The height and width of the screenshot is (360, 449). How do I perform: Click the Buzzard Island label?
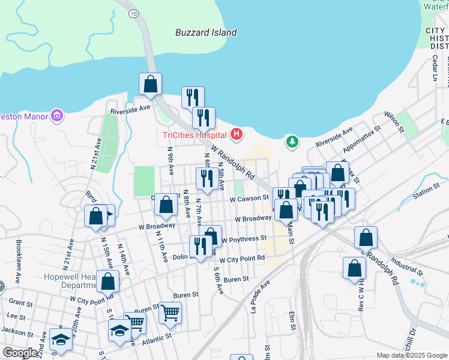click(x=206, y=32)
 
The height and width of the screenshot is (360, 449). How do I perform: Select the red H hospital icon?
click(x=237, y=134)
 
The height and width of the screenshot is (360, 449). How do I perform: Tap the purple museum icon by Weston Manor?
click(x=57, y=115)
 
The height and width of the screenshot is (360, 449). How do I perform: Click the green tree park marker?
click(x=292, y=142)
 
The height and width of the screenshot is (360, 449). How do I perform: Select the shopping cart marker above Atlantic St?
click(x=170, y=312)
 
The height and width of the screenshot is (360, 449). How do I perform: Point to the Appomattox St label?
click(x=363, y=145)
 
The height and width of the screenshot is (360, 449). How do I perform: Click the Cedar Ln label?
click(x=435, y=68)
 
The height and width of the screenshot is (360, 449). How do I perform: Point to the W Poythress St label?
click(x=244, y=239)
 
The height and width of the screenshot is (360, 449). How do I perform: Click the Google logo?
click(x=20, y=353)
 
